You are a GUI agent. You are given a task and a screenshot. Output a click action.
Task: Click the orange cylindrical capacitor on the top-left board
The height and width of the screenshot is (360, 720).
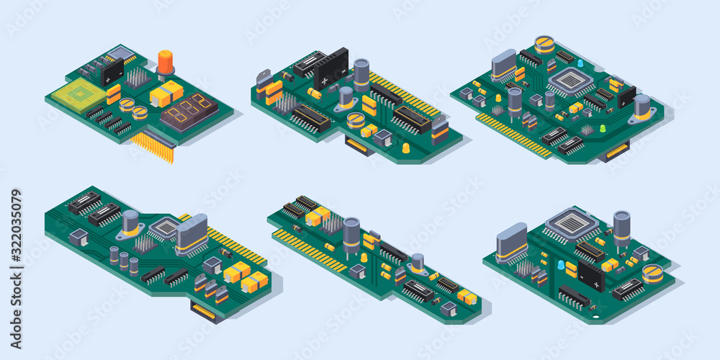(166, 63)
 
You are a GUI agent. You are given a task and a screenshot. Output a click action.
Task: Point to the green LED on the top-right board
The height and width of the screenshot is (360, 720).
(602, 129)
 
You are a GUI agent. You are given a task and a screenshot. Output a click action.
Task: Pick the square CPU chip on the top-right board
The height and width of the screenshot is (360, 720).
(571, 81)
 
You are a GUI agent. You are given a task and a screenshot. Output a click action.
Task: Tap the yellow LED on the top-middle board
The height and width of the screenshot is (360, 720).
(406, 148)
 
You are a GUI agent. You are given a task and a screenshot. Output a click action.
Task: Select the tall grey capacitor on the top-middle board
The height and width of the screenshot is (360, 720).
(361, 75)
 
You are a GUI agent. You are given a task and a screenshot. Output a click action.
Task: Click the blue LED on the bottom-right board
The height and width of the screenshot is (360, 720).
(561, 265)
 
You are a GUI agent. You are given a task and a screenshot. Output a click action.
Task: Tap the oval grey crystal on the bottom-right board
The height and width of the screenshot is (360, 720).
(512, 241)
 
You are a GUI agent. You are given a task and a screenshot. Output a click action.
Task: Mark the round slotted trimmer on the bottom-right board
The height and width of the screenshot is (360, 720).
(652, 273)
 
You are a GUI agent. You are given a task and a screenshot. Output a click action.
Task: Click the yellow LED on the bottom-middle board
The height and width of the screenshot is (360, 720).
(364, 257)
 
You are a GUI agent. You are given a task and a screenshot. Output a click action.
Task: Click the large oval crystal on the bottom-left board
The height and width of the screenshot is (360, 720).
(192, 233)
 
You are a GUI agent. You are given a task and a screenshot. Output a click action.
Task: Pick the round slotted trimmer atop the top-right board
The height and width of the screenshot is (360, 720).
(545, 45)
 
